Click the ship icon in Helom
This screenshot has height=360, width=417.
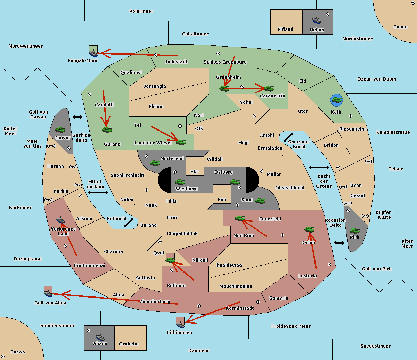point(317,20)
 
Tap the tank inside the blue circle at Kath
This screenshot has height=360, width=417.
point(336,100)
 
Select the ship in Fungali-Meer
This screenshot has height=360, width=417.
point(93,53)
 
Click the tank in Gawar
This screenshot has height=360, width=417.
point(60,129)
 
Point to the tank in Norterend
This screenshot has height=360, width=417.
point(155,163)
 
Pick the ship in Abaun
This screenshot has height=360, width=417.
point(100,337)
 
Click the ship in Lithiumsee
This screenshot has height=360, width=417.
point(180,324)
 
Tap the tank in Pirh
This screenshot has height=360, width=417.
point(354,231)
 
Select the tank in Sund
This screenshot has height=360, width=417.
point(260,201)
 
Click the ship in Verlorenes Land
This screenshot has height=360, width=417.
point(60,220)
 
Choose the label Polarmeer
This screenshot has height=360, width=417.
point(141,11)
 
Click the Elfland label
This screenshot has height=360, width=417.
point(285,30)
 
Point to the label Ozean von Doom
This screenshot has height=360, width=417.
point(377,79)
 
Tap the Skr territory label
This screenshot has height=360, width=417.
point(195,171)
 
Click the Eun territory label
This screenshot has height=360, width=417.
point(222,199)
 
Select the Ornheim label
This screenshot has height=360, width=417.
point(129,344)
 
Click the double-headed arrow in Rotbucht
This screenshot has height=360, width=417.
point(129,223)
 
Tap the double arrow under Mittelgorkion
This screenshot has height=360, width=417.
point(98,192)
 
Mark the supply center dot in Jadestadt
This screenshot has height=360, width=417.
point(156,55)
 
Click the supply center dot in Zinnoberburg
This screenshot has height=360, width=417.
point(199,306)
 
